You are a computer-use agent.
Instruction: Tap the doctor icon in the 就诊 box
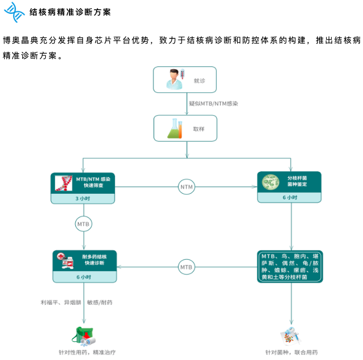(175, 80)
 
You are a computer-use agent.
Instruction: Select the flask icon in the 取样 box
(175, 128)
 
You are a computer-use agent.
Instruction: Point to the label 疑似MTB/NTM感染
(213, 104)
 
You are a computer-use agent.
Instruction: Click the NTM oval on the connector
(186, 187)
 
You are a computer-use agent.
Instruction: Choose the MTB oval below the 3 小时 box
(84, 225)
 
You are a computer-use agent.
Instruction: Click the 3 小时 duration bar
(84, 198)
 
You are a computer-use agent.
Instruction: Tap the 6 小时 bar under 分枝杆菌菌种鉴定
(290, 197)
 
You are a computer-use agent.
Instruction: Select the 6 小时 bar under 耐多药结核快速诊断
(84, 277)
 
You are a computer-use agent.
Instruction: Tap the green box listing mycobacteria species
(290, 266)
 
